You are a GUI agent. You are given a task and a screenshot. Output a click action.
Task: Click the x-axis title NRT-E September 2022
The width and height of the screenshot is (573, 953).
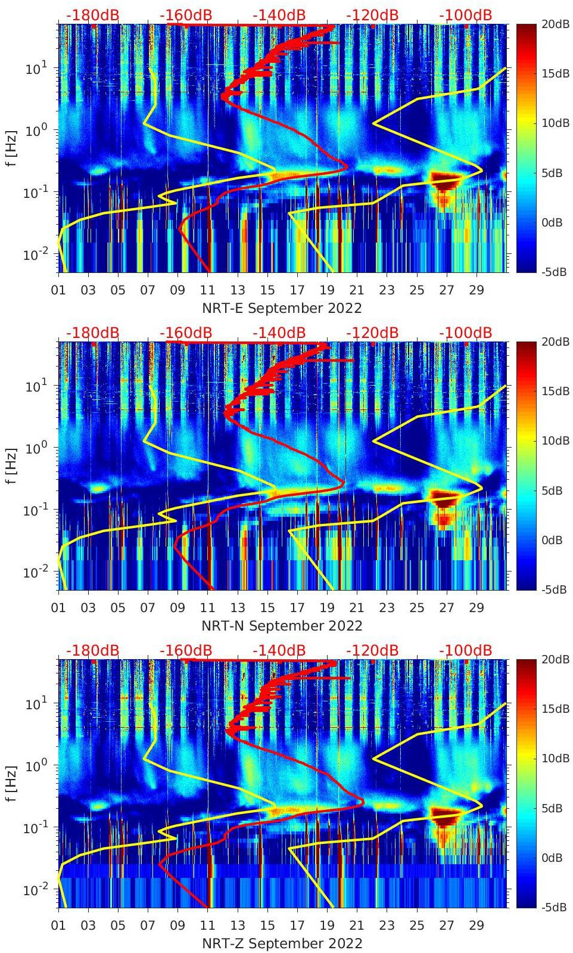click(282, 308)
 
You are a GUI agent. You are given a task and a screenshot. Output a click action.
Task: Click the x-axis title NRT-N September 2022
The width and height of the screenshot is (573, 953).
click(282, 626)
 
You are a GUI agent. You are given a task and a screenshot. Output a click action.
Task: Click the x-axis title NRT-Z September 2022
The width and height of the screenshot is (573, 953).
click(282, 943)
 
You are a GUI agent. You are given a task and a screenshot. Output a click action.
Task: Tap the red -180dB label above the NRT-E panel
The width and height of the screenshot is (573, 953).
click(92, 15)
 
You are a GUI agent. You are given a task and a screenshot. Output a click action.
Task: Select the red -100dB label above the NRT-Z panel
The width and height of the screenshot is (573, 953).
click(465, 650)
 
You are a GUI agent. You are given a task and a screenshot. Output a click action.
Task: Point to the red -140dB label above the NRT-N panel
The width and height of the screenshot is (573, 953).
click(279, 333)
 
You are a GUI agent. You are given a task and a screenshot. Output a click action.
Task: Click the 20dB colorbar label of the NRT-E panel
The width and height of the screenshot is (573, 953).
click(554, 24)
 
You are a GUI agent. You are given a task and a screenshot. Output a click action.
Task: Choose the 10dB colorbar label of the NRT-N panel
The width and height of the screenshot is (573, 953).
click(554, 440)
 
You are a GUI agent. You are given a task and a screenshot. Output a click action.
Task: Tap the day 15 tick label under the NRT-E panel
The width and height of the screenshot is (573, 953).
click(267, 290)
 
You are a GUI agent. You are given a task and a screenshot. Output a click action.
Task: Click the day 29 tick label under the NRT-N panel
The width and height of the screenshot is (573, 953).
click(477, 608)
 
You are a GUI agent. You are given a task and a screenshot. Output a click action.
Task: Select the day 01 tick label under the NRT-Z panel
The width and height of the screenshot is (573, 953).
click(58, 926)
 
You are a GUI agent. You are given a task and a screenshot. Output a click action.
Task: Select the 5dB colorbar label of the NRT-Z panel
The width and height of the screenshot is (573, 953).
click(554, 808)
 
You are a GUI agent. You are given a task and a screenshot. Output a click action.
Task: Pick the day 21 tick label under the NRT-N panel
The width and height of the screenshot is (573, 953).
click(357, 608)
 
